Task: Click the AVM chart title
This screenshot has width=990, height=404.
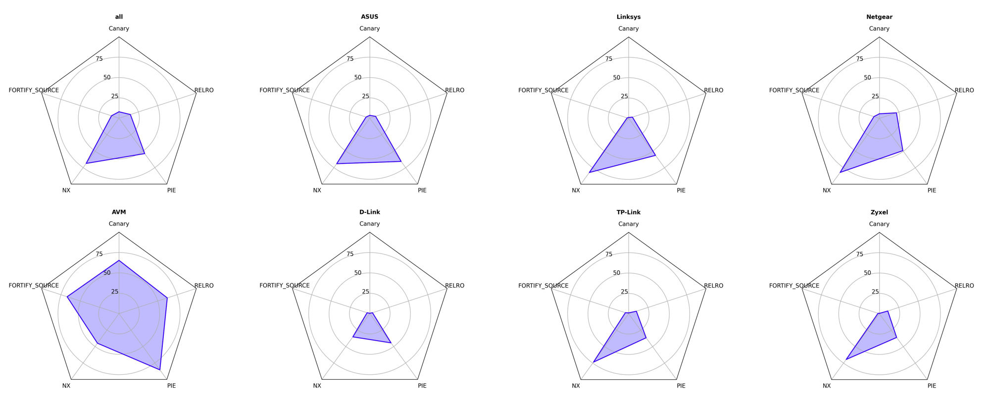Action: (119, 212)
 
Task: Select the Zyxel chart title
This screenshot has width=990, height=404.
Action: (879, 212)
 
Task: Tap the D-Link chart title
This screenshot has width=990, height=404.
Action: (370, 212)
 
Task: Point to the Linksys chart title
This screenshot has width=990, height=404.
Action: (628, 17)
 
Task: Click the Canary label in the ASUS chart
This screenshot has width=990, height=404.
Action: (370, 29)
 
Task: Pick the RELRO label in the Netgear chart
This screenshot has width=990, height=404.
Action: (964, 90)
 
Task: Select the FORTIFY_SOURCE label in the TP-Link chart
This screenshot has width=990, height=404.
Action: (543, 286)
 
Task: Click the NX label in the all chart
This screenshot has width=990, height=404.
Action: (66, 190)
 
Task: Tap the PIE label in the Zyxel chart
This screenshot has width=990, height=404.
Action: (932, 386)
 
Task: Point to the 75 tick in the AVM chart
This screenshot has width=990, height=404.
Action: (99, 254)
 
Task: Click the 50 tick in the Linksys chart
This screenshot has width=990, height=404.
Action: (616, 78)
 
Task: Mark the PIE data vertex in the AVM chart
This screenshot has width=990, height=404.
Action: (160, 370)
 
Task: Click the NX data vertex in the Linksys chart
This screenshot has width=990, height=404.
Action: (590, 172)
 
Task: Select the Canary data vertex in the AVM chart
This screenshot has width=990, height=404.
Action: (119, 260)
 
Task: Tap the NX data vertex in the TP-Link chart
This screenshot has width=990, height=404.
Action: (594, 362)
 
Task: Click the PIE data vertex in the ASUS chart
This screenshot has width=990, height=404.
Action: (400, 161)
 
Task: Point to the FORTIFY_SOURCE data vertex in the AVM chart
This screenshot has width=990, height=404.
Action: (67, 297)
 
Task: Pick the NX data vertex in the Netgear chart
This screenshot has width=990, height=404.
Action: (841, 172)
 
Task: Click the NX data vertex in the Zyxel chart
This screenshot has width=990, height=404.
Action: (846, 359)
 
